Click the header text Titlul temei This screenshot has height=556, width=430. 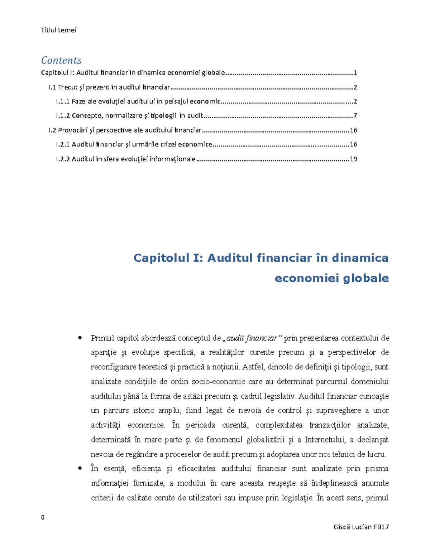pos(59,30)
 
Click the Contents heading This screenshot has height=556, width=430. pos(61,60)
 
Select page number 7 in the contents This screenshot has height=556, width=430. pos(355,116)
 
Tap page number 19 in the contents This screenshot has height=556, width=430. pos(353,159)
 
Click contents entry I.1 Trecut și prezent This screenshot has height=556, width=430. pos(109,87)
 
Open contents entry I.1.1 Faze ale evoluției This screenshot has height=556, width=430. pos(138,101)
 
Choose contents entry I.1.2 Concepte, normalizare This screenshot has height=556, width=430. pos(129,116)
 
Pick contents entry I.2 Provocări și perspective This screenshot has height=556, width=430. pos(125,130)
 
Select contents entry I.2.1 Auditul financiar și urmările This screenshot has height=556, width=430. pos(134,145)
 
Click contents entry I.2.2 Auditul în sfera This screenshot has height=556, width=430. pos(125,159)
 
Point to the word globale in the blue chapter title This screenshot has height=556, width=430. pos(366,278)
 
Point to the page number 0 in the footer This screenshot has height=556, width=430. pos(43,517)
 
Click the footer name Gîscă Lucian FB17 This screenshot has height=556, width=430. pos(361,527)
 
